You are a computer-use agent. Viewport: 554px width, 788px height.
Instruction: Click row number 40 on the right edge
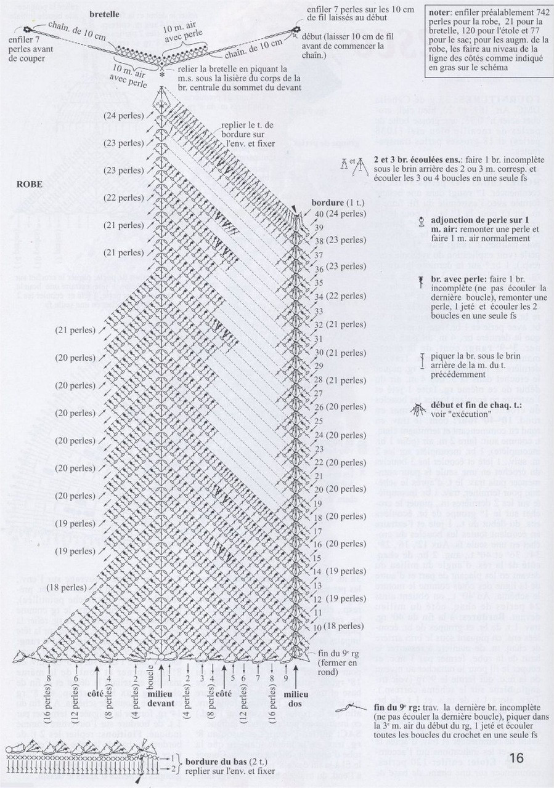click(x=319, y=214)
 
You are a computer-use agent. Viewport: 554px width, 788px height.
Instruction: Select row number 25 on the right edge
click(x=319, y=420)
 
